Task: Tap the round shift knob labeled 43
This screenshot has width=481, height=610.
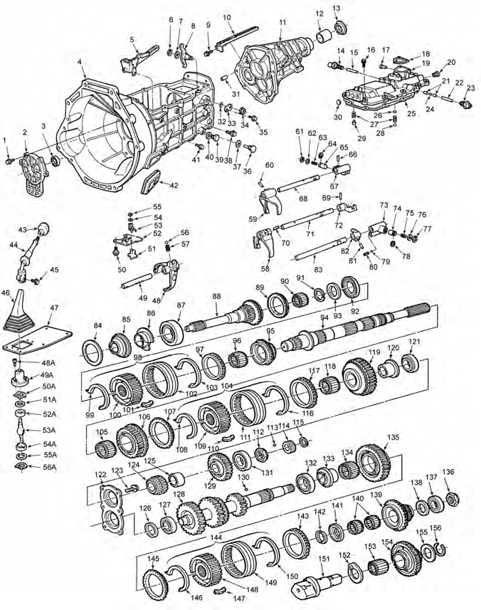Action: (x=43, y=229)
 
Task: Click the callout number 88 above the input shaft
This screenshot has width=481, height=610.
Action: (x=216, y=296)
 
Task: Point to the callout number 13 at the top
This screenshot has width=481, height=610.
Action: (x=337, y=8)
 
